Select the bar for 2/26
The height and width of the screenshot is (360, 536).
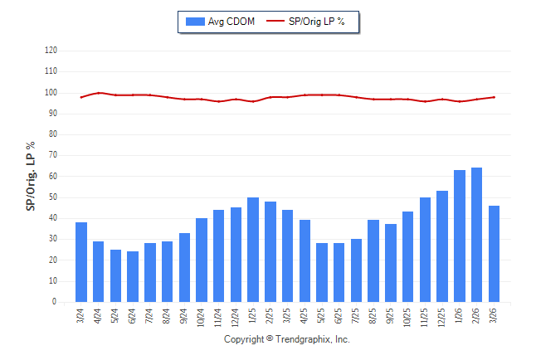point(476,235)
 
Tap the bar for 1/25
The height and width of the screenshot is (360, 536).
point(253,250)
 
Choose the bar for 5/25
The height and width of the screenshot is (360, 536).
point(322,272)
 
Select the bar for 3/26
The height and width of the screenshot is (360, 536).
point(494,254)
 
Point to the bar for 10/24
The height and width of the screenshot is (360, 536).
point(202,260)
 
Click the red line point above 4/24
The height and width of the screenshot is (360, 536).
point(99,93)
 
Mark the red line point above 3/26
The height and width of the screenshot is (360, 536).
point(494,97)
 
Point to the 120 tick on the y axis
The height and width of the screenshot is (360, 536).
point(51,51)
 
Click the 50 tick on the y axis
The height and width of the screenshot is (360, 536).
point(53,197)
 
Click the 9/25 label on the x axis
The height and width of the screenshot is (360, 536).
point(391,316)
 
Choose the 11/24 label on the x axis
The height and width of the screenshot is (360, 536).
point(219,318)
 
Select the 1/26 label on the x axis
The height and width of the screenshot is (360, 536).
point(460,316)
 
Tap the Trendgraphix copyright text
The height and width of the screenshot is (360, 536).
point(287,340)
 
